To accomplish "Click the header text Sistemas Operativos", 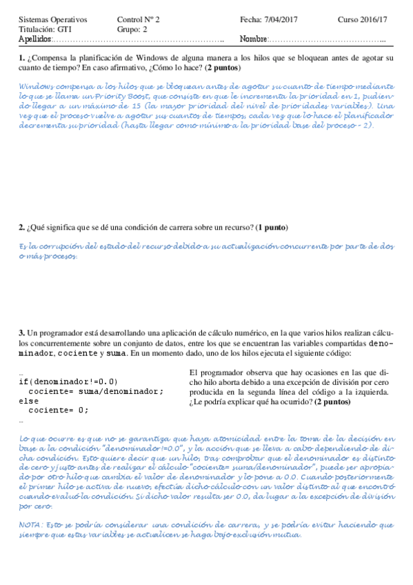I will click(49, 19).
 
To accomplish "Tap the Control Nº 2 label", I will click(139, 19).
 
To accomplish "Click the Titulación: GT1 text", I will click(44, 30).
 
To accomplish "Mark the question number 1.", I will click(22, 58).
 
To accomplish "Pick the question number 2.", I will click(22, 228).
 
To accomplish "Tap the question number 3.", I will click(22, 333).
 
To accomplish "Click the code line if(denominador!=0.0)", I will click(68, 381).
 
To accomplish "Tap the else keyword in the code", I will click(29, 400).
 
